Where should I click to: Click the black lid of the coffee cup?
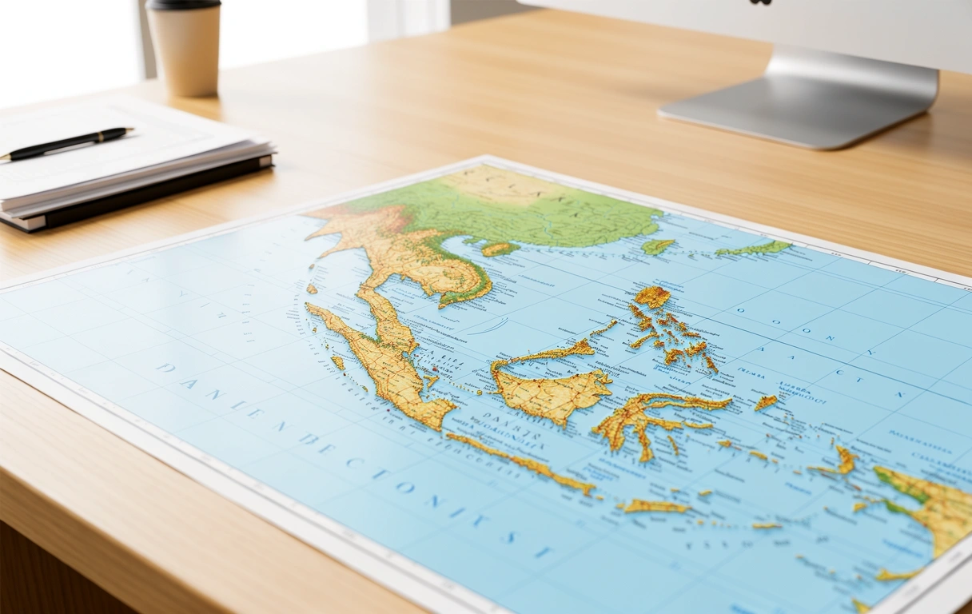tap(183, 4)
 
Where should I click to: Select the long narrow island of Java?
tap(520, 461)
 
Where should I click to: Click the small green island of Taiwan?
tap(658, 246)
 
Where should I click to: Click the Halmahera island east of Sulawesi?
tap(765, 402)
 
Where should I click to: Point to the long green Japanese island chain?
tap(755, 249)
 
